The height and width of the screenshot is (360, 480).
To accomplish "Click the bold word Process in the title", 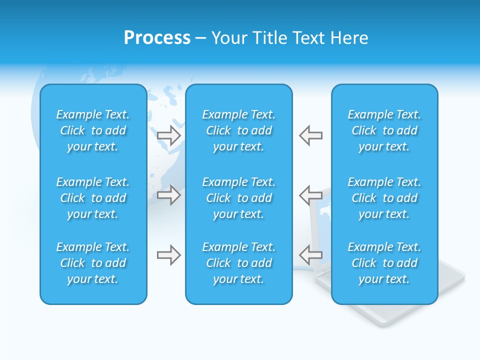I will (157, 38).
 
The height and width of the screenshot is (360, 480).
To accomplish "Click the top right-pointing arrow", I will (168, 135).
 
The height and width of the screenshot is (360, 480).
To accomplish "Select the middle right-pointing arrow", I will (168, 194).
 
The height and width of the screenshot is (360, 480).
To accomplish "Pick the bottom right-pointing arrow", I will (168, 255).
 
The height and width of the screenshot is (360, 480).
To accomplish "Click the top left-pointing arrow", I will (310, 135).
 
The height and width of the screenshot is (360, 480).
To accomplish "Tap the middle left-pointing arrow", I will (310, 194).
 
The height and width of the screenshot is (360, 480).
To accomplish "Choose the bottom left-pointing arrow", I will (310, 255).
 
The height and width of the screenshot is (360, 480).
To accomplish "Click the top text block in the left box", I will (93, 130).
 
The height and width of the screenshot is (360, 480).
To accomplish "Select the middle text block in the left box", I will (93, 198).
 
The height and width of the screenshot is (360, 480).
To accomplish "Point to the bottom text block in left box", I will (93, 263).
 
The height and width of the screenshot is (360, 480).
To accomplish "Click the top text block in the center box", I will (238, 130).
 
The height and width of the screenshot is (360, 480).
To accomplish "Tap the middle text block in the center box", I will (238, 198).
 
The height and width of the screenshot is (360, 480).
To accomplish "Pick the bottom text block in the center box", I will (238, 263).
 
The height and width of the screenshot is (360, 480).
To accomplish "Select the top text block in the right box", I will (384, 130).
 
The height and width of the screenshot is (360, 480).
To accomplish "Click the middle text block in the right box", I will (384, 198).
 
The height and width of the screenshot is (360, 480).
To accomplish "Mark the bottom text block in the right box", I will (384, 263).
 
